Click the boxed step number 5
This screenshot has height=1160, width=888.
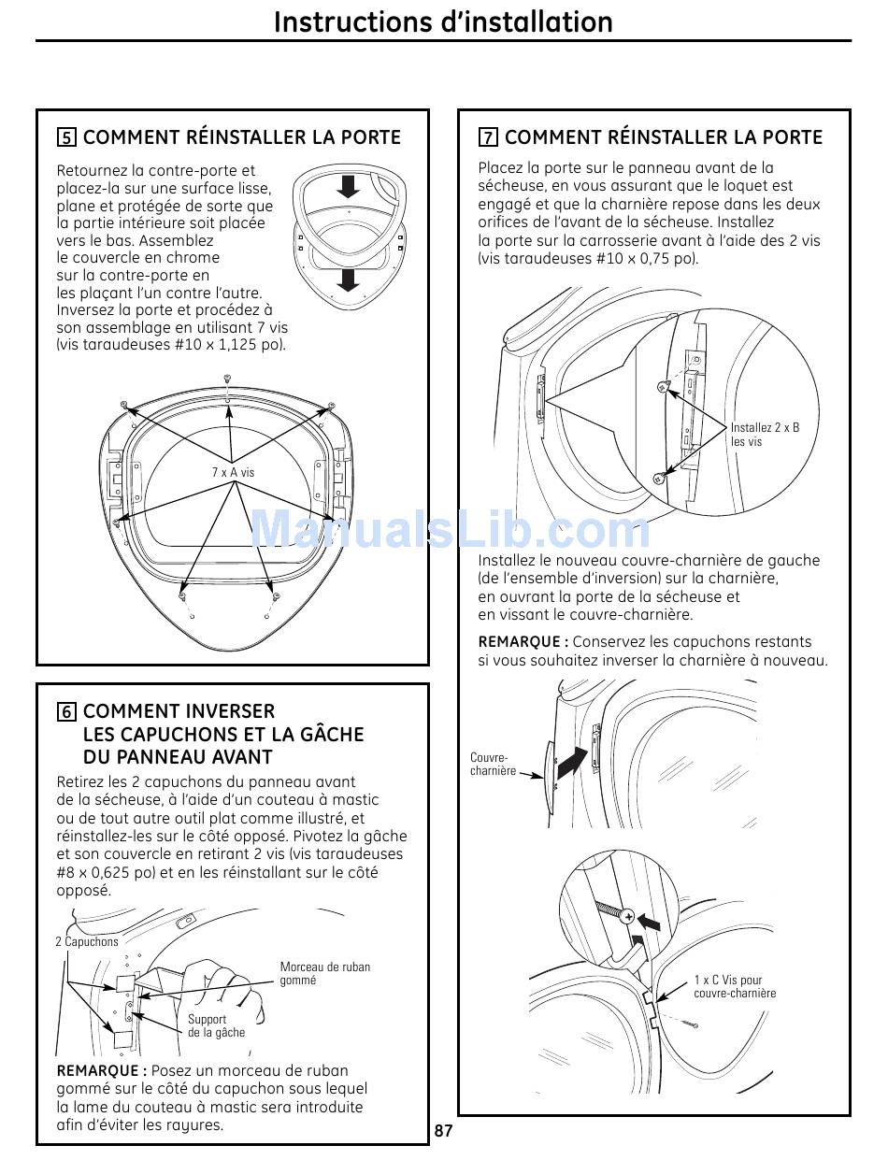tap(66, 138)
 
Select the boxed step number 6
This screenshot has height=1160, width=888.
tap(66, 712)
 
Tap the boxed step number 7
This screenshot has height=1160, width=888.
tap(488, 138)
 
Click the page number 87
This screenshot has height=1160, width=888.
tap(444, 1131)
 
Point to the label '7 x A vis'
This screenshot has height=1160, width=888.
tap(233, 472)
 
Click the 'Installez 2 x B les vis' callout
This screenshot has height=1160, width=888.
tap(765, 435)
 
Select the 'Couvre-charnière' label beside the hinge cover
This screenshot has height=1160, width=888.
tap(493, 765)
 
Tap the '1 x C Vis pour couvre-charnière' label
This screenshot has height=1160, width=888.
tap(735, 987)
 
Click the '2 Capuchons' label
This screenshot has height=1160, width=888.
tap(87, 941)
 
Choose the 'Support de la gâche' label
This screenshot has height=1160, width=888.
tap(216, 1025)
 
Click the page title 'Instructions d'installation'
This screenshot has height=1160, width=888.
tap(443, 21)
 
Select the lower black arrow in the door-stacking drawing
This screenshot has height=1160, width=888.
tap(349, 279)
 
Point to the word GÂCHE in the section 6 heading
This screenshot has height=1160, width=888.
tap(328, 735)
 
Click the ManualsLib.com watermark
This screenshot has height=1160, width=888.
tap(450, 530)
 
